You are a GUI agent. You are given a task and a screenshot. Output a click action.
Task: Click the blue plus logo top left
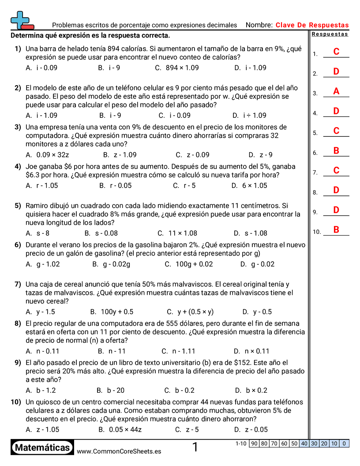pos(21,19)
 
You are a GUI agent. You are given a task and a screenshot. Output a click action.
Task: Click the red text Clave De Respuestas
pos(312,25)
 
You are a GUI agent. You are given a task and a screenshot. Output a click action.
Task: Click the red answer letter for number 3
pos(336,91)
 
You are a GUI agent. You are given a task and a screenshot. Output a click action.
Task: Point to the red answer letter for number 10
pos(336,229)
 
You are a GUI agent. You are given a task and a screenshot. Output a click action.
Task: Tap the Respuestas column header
pos(330,34)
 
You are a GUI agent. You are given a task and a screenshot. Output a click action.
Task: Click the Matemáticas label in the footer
pos(42,447)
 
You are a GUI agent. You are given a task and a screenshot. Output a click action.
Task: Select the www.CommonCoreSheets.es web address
pos(119,451)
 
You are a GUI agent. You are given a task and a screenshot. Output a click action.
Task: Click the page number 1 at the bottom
pos(195,447)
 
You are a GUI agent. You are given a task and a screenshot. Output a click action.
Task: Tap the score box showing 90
pos(254,443)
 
